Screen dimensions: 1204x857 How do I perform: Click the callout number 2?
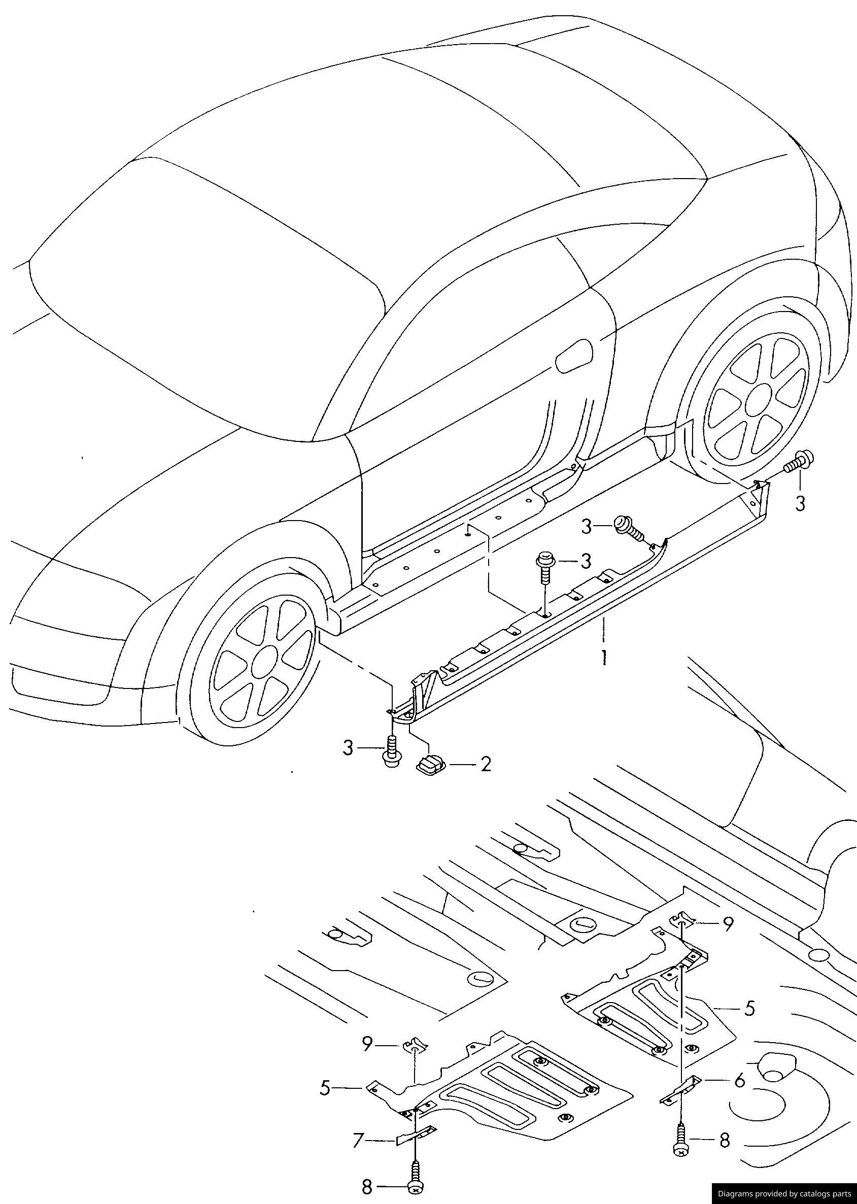coord(485,764)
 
